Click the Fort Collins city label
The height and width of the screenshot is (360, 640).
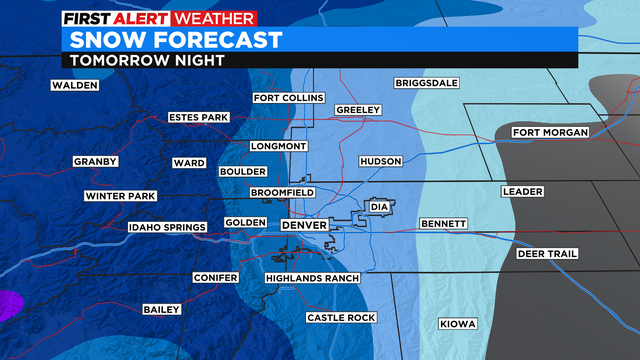289,98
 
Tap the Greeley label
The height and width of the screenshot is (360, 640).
358,109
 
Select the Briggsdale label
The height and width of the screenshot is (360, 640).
426,82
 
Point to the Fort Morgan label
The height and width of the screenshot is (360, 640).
549,133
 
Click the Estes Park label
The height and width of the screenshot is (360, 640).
199,117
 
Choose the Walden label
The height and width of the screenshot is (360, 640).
75,86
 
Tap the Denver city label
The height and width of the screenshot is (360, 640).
304,226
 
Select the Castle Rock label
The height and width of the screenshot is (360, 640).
337,318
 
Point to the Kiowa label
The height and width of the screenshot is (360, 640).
458,323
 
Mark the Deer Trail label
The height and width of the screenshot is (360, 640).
547,254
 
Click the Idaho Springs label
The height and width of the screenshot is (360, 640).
168,228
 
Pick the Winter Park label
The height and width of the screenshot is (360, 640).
120,196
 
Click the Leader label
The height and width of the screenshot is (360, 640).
522,191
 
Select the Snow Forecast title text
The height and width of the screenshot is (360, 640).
175,41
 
